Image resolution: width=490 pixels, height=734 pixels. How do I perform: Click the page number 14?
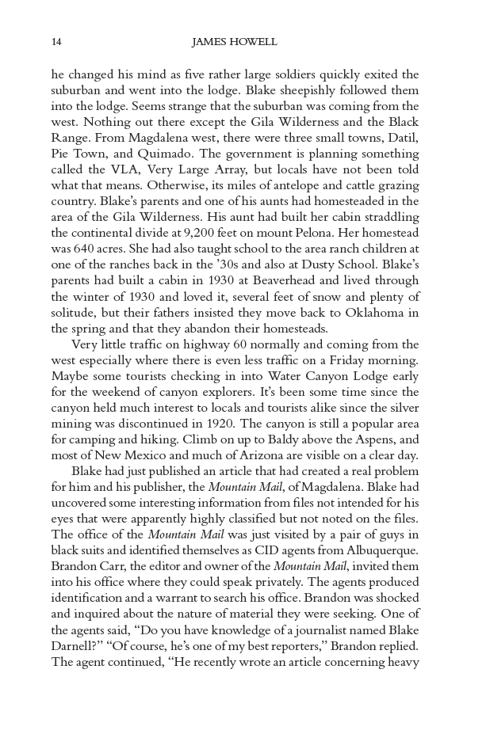pos(56,42)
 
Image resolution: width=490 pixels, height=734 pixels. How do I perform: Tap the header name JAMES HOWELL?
pos(234,42)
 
